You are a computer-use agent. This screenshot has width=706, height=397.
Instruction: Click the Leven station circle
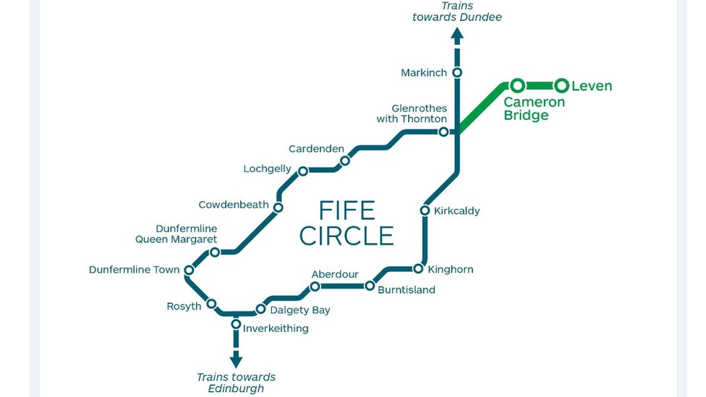561,86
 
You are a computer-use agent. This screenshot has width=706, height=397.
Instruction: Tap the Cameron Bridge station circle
517,86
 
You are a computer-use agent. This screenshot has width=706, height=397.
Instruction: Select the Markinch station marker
457,72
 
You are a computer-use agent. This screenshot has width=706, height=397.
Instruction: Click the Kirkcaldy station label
456,211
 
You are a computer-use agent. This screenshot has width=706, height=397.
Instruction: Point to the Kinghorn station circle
418,269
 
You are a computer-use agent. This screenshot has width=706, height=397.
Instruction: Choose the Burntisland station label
407,290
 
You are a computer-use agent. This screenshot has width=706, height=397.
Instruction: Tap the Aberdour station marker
315,286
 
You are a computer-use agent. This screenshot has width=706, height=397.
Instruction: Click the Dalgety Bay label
300,310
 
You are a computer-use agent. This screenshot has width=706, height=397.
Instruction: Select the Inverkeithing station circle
236,324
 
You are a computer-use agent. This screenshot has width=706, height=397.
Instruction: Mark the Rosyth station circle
212,304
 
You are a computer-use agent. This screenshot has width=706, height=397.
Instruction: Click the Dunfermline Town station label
134,270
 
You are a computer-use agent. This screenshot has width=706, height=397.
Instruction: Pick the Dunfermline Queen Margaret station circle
215,252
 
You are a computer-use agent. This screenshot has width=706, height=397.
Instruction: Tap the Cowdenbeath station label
234,205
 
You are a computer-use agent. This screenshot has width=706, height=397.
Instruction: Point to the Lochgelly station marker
303,171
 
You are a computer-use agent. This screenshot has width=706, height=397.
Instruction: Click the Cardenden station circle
345,161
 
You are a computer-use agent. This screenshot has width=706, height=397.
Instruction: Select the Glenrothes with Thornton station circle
443,132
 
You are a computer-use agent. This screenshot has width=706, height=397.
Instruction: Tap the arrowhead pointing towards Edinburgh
236,360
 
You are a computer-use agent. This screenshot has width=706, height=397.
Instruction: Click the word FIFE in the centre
346,211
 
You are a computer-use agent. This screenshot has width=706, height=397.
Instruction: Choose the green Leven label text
592,86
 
